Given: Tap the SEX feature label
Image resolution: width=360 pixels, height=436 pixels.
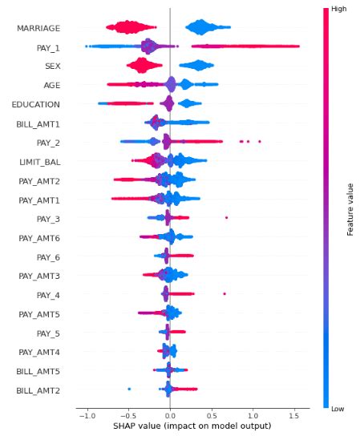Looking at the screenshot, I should point(52,66).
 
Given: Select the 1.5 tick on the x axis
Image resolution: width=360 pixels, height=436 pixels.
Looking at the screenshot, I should point(294,415).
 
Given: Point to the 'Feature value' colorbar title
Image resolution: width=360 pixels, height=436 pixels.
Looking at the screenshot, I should point(350,208).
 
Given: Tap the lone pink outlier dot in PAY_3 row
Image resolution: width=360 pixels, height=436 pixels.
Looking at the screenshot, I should point(227,218).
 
